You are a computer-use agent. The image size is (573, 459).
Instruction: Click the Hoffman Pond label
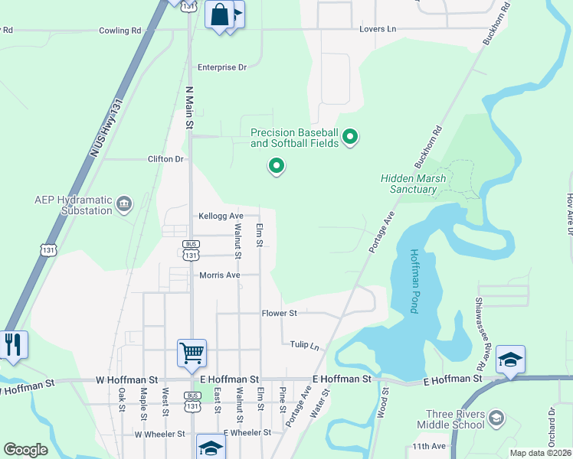click(x=413, y=281)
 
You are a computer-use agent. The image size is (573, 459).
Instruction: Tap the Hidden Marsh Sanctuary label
click(x=414, y=184)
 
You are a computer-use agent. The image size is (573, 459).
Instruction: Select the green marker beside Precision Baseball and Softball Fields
click(x=350, y=138)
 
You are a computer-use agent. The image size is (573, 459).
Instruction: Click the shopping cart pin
click(x=192, y=353)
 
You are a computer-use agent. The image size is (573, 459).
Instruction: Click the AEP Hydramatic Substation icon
click(x=124, y=203)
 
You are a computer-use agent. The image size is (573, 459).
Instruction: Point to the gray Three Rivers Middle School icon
click(x=496, y=418)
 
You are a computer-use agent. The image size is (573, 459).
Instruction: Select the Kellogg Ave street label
click(x=221, y=216)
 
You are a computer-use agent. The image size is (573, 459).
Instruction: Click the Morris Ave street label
click(x=220, y=275)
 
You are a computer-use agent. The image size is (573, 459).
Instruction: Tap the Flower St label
click(x=279, y=314)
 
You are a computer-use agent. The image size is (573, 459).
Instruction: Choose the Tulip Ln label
click(x=304, y=346)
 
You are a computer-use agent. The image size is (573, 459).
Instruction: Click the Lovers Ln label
click(x=378, y=29)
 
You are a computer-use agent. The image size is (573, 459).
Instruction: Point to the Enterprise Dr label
click(x=222, y=67)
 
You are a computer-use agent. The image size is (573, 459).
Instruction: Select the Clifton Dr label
click(x=166, y=159)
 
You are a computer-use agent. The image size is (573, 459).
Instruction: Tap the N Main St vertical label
click(x=189, y=106)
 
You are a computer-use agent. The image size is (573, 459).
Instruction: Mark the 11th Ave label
click(x=429, y=446)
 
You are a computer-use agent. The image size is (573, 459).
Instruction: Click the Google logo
click(x=25, y=450)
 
